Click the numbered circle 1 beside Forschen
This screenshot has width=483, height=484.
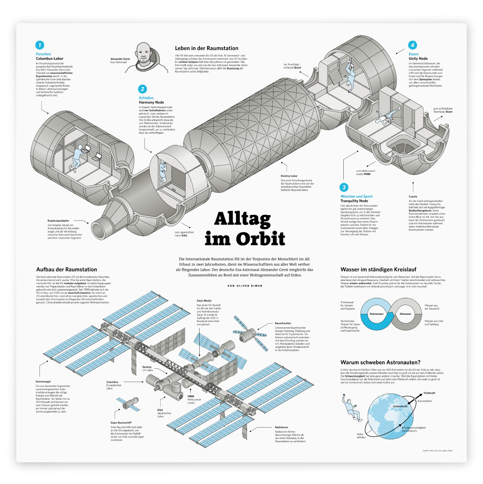tap(39, 45)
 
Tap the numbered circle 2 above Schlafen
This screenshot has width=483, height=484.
tap(142, 89)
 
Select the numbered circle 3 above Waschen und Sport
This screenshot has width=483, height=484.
tap(344, 187)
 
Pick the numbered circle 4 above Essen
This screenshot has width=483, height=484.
tap(412, 45)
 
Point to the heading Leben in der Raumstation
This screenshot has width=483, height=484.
tap(206, 48)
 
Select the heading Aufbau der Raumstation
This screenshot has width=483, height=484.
tap(66, 270)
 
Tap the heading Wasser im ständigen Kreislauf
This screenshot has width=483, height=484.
tap(378, 270)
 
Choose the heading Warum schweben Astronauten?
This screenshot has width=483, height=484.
tap(380, 362)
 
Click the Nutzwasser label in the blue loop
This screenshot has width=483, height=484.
tap(377, 314)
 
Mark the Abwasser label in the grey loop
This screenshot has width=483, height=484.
tap(405, 314)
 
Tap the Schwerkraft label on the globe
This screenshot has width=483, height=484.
tap(400, 407)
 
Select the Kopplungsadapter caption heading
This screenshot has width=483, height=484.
tap(58, 221)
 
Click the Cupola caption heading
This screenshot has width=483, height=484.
tap(413, 197)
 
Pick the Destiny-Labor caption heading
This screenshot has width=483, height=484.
tap(289, 176)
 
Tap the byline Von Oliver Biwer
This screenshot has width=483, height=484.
tap(245, 286)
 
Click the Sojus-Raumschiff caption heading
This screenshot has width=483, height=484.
tap(121, 423)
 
